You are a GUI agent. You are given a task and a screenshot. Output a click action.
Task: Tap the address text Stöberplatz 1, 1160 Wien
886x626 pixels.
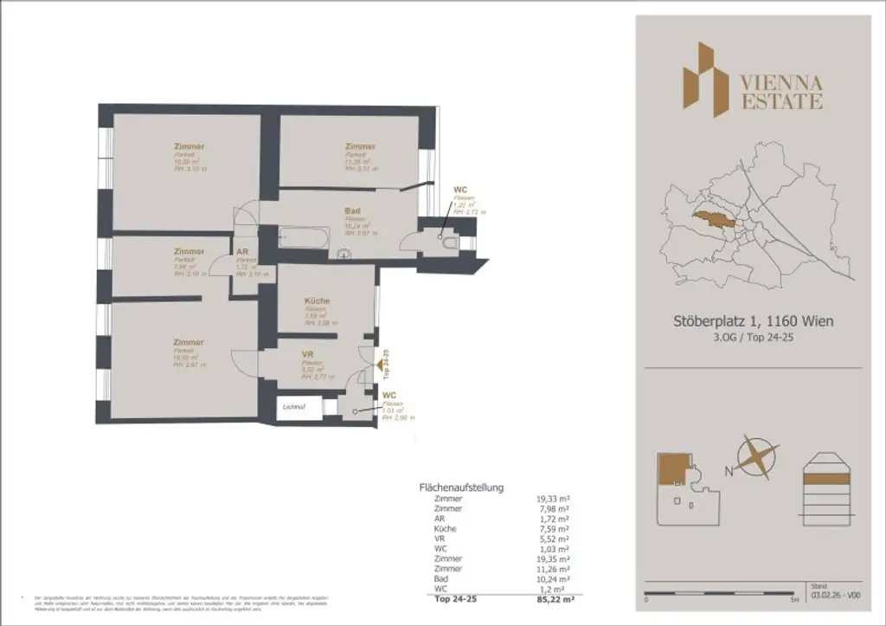click(x=753, y=321)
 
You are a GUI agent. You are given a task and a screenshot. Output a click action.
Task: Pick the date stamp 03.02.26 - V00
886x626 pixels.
click(x=835, y=596)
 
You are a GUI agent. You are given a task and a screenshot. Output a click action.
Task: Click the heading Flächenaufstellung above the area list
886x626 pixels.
click(x=461, y=487)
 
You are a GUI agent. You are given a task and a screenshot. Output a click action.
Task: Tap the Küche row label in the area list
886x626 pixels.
click(x=446, y=528)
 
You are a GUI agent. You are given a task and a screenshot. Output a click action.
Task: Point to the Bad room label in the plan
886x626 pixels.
click(x=352, y=210)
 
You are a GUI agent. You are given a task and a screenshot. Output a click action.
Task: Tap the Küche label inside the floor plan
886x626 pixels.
click(x=317, y=300)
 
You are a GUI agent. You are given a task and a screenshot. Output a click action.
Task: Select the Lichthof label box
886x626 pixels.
click(x=292, y=406)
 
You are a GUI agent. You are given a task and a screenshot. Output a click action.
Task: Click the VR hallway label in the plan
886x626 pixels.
click(x=306, y=355)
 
